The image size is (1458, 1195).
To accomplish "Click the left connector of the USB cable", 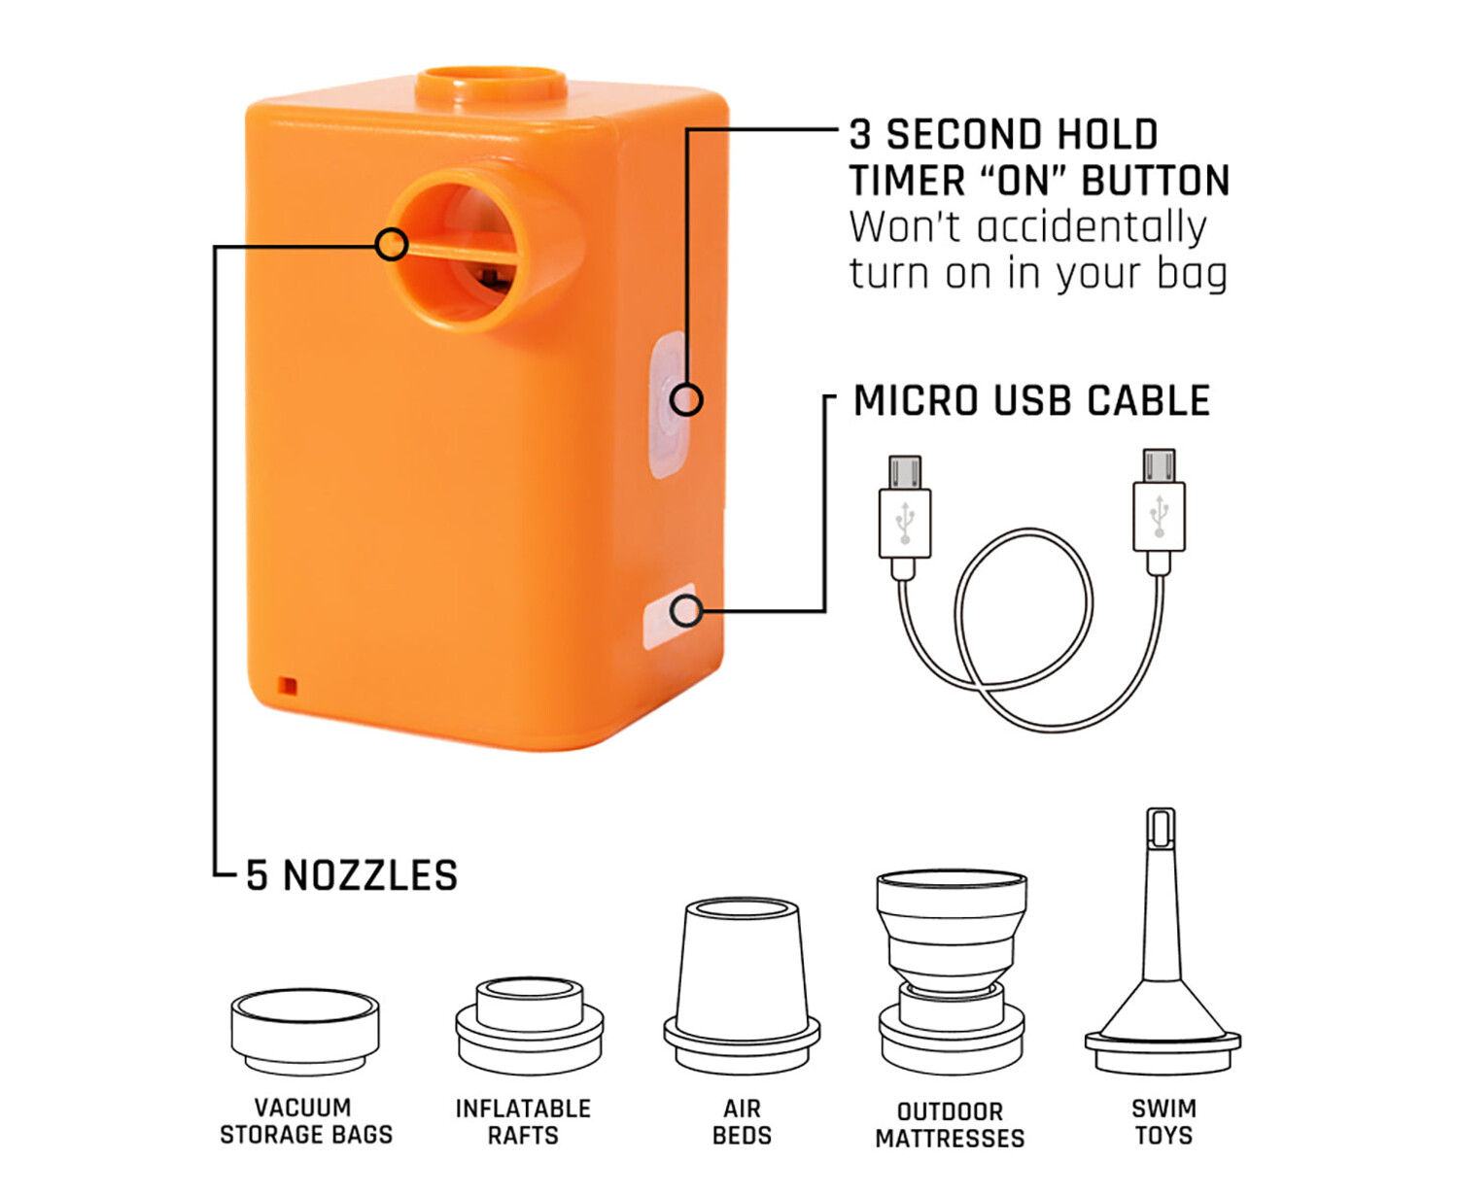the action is click(x=904, y=517).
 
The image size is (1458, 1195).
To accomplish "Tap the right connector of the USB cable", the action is click(x=1160, y=511).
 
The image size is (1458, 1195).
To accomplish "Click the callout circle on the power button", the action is click(x=686, y=399).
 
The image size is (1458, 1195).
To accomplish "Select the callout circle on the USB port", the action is click(x=686, y=611).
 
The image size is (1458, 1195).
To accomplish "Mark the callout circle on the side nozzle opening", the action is click(x=392, y=245).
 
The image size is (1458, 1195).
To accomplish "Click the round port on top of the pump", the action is click(x=492, y=85).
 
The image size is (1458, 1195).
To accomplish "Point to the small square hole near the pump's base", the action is click(x=288, y=686).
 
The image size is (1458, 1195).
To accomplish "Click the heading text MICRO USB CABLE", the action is click(x=1031, y=401).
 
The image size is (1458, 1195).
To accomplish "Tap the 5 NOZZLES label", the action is click(x=352, y=875).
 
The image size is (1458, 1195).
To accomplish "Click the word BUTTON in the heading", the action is click(x=1155, y=181).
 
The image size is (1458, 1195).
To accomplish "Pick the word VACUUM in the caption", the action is click(x=303, y=1108).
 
